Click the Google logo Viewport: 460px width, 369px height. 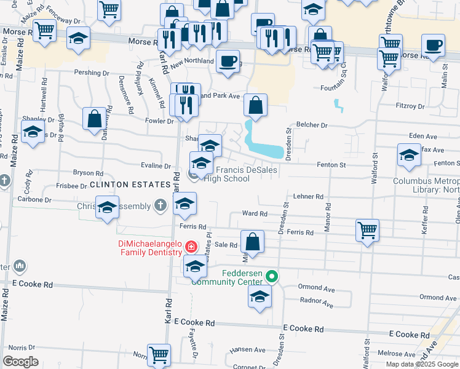pyautogui.click(x=20, y=362)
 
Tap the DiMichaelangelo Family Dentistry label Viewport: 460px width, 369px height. pyautogui.click(x=151, y=248)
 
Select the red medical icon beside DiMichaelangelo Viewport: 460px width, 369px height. pyautogui.click(x=192, y=247)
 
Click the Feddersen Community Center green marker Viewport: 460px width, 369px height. pyautogui.click(x=271, y=277)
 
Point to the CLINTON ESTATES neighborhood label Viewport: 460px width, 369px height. pyautogui.click(x=129, y=184)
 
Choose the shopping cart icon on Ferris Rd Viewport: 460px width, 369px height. pyautogui.click(x=367, y=231)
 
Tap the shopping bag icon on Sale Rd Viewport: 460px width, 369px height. pyautogui.click(x=252, y=240)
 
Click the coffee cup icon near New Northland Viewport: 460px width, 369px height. pyautogui.click(x=228, y=61)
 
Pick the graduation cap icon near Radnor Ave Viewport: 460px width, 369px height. pyautogui.click(x=260, y=296)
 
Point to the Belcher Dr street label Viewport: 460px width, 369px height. pyautogui.click(x=312, y=125)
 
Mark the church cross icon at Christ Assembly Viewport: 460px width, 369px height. pyautogui.click(x=161, y=205)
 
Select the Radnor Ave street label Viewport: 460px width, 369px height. pyautogui.click(x=315, y=303)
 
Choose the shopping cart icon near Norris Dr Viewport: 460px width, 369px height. pyautogui.click(x=159, y=354)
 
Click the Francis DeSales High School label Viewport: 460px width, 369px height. pyautogui.click(x=232, y=174)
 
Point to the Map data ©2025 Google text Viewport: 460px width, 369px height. pyautogui.click(x=421, y=364)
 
